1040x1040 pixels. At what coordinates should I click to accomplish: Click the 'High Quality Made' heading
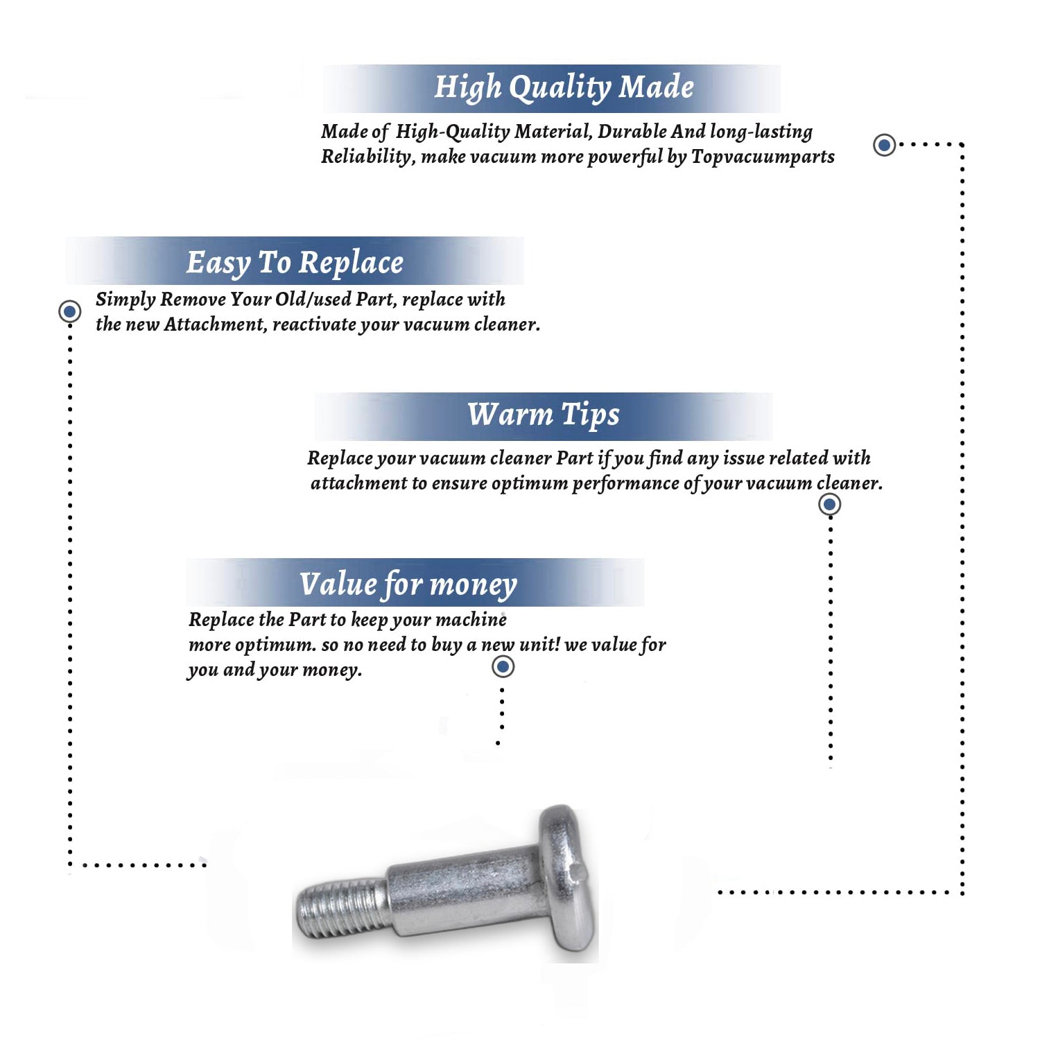564,88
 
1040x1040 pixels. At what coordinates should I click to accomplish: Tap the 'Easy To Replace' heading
295,263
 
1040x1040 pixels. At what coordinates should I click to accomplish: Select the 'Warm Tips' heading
543,415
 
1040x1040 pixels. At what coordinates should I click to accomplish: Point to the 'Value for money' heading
408,584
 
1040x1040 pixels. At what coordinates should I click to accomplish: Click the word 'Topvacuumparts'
763,157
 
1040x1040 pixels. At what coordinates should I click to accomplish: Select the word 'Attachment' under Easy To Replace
216,324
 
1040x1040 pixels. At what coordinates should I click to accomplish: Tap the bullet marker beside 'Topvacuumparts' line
884,145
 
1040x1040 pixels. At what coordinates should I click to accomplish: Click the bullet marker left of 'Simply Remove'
69,311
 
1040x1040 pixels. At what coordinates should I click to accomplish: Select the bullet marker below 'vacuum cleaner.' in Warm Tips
830,504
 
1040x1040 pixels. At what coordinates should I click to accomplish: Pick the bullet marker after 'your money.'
503,667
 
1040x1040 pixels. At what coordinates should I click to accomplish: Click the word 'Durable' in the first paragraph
632,132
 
